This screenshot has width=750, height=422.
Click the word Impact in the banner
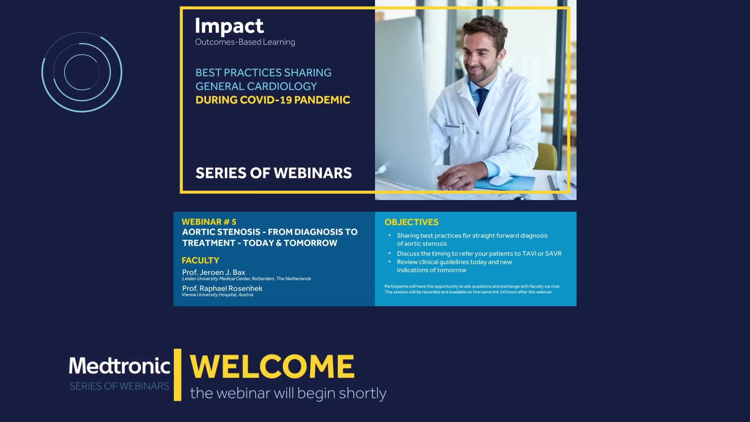tap(229, 27)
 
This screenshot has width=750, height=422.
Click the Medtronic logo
tap(120, 366)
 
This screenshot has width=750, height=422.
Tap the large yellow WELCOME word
tap(272, 367)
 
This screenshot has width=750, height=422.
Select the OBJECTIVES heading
tap(411, 222)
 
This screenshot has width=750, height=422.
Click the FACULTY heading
tap(200, 260)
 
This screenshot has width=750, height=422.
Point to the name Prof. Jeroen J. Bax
tap(214, 272)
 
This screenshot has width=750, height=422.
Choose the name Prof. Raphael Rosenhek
tap(222, 288)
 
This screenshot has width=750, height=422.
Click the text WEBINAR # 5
tap(209, 222)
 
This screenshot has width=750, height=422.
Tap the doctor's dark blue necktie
tap(481, 100)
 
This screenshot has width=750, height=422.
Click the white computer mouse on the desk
tap(501, 181)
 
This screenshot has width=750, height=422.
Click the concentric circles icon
tap(82, 72)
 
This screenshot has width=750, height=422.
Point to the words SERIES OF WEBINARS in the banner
tap(274, 173)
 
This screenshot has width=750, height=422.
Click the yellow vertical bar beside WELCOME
tap(178, 375)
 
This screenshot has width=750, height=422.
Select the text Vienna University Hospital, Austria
tap(218, 295)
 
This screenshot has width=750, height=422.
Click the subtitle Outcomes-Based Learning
tap(245, 42)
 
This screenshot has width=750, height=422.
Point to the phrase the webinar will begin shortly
tap(288, 393)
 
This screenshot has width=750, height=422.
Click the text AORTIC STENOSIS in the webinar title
tap(221, 232)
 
